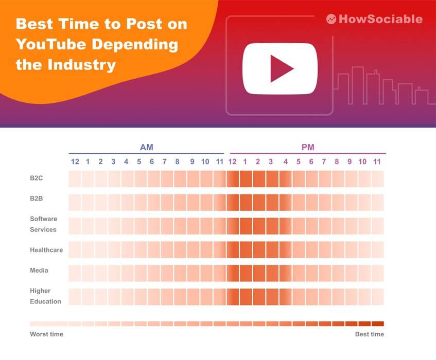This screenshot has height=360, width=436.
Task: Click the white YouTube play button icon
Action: pyautogui.click(x=281, y=68)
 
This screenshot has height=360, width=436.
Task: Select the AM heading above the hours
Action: pyautogui.click(x=146, y=148)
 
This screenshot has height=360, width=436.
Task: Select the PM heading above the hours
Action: pyautogui.click(x=308, y=148)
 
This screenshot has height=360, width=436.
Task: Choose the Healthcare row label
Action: pyautogui.click(x=46, y=250)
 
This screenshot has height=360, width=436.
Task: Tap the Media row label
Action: pyautogui.click(x=39, y=270)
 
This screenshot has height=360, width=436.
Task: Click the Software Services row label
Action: pyautogui.click(x=43, y=224)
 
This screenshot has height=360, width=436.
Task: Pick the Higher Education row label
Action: pyautogui.click(x=45, y=296)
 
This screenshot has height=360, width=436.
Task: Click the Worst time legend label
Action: pyautogui.click(x=46, y=334)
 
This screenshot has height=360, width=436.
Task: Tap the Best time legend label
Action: pyautogui.click(x=369, y=334)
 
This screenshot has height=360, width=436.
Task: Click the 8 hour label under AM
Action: pyautogui.click(x=177, y=162)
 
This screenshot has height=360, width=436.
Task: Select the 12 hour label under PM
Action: pyautogui.click(x=233, y=162)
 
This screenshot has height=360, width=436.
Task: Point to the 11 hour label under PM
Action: pyautogui.click(x=377, y=162)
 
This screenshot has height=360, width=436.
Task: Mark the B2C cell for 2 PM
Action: pyautogui.click(x=259, y=179)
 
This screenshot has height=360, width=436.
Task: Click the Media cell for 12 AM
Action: pyautogui.click(x=75, y=273)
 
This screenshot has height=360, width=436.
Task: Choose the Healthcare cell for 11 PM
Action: pyautogui.click(x=377, y=249)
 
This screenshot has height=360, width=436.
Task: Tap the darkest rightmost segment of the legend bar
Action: pyautogui.click(x=378, y=323)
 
